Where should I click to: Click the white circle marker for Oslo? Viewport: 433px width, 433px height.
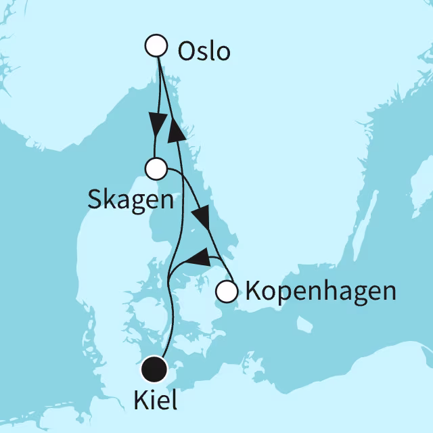click(156, 46)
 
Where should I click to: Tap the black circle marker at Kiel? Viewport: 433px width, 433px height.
click(155, 369)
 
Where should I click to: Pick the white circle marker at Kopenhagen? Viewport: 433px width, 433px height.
click(227, 292)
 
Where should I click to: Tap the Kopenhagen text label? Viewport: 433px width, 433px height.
click(319, 292)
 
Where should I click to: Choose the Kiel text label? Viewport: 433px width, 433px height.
click(156, 401)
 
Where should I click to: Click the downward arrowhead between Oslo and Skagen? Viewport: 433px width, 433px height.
click(158, 126)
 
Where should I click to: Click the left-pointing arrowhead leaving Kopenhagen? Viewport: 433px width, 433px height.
click(196, 257)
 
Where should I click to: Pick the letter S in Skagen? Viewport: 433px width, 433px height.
click(95, 199)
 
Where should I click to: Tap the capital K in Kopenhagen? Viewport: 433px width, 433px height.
click(252, 292)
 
